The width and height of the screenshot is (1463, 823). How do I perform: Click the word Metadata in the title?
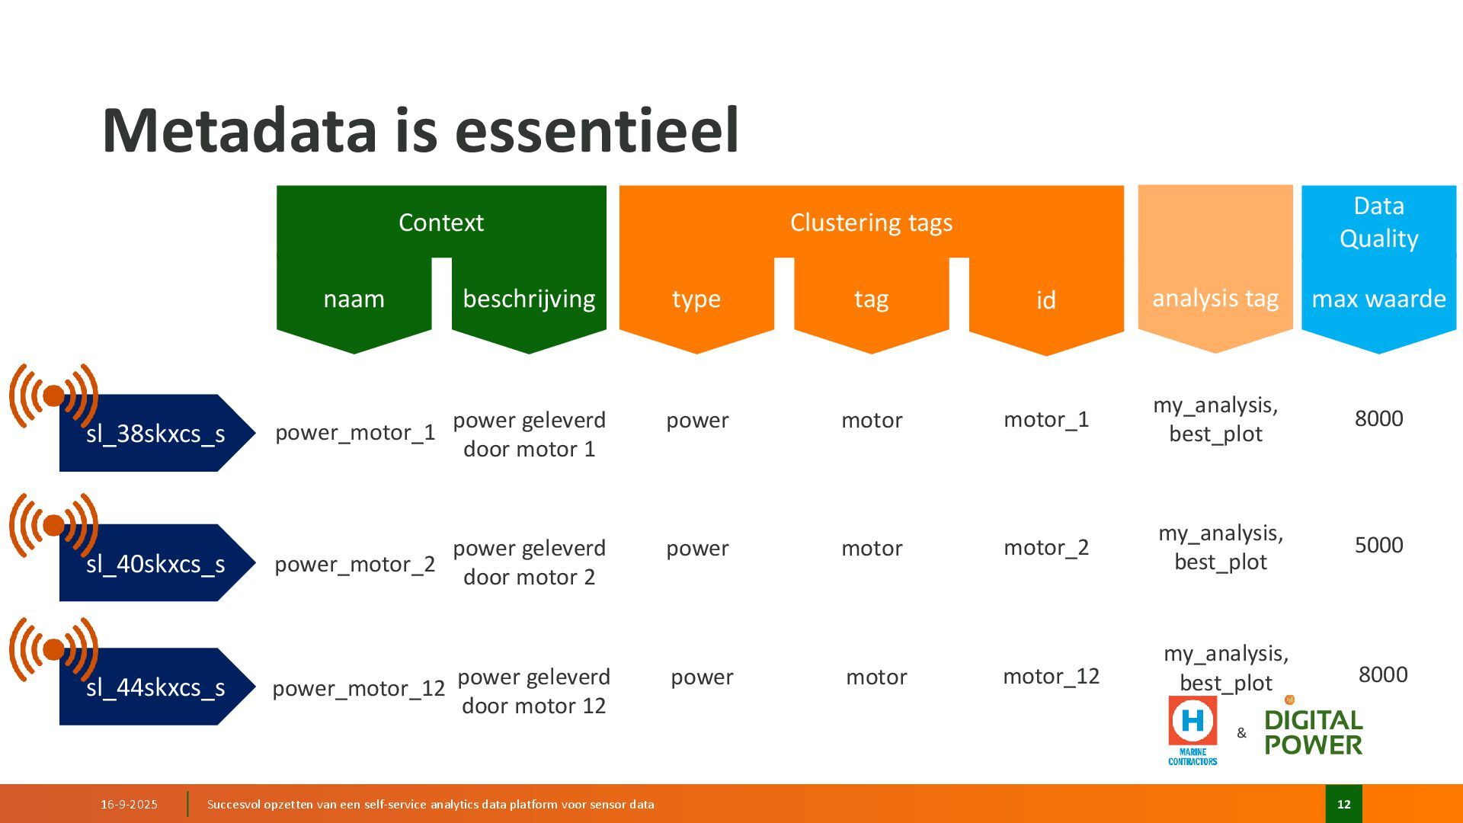pyautogui.click(x=239, y=130)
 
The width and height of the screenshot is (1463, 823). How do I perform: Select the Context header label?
pyautogui.click(x=440, y=223)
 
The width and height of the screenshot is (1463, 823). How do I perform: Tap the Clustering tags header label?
pyautogui.click(x=871, y=223)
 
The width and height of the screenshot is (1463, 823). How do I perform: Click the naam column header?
pyautogui.click(x=354, y=299)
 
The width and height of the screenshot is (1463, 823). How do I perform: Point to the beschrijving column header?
pyautogui.click(x=529, y=299)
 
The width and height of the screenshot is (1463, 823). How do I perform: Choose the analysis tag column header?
pyautogui.click(x=1215, y=298)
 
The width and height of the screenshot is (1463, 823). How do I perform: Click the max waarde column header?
pyautogui.click(x=1378, y=299)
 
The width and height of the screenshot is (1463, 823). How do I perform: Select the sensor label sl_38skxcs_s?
pyautogui.click(x=155, y=434)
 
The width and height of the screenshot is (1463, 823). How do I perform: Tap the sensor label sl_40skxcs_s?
pyautogui.click(x=155, y=564)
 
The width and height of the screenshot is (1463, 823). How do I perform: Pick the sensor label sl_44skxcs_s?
pyautogui.click(x=155, y=687)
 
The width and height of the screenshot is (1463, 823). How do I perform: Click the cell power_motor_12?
pyautogui.click(x=358, y=688)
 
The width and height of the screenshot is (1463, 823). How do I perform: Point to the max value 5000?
pyautogui.click(x=1378, y=545)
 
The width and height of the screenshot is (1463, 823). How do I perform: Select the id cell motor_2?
pyautogui.click(x=1046, y=547)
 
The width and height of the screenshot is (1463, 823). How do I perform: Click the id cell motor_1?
pyautogui.click(x=1046, y=419)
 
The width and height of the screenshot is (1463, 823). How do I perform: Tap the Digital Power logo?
pyautogui.click(x=1313, y=732)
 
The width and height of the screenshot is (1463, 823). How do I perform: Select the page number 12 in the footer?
pyautogui.click(x=1343, y=804)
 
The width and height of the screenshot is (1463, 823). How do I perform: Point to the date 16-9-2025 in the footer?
pyautogui.click(x=129, y=804)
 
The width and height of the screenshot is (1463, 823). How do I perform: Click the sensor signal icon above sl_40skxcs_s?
pyautogui.click(x=53, y=525)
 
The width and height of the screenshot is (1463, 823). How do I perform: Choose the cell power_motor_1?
pyautogui.click(x=355, y=433)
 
